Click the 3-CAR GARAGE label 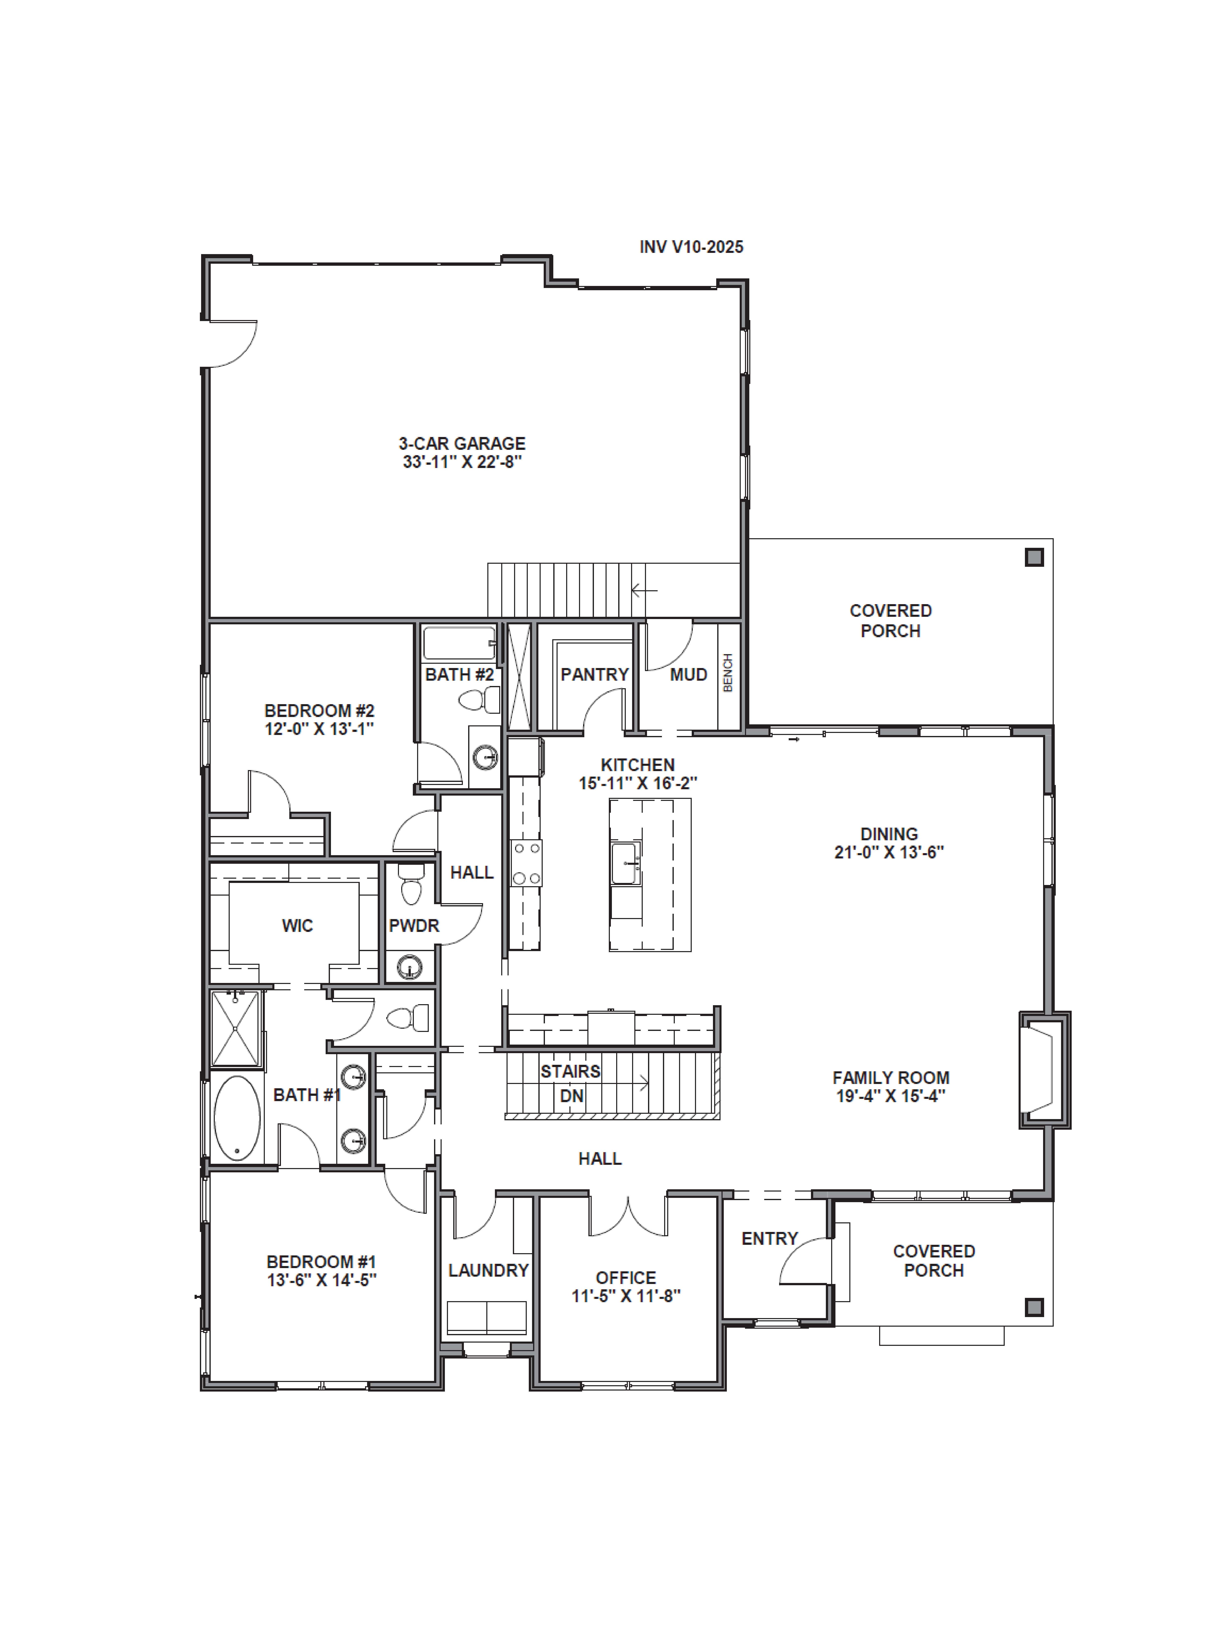point(462,444)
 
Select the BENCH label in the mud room point(728,673)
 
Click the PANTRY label point(594,674)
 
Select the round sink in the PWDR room point(410,966)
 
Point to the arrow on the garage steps point(644,590)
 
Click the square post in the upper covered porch point(1034,557)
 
